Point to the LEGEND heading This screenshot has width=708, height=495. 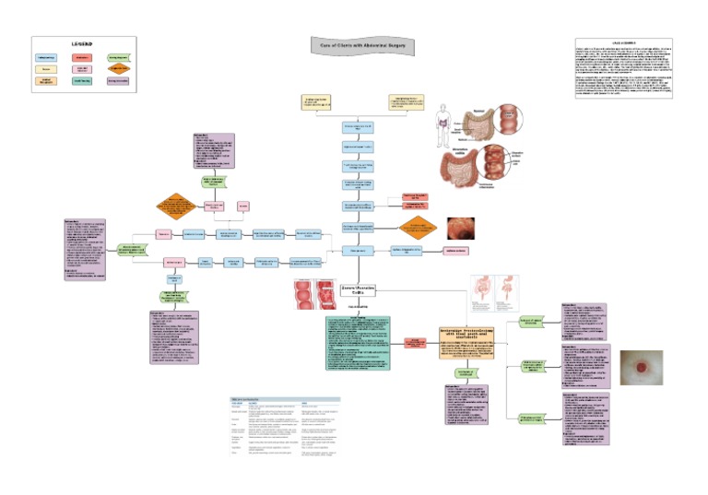pos(83,42)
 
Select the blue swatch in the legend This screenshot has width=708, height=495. pos(47,57)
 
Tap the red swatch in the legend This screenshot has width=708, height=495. pos(83,57)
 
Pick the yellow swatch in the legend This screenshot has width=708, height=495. pos(47,69)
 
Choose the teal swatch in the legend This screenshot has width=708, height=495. pos(83,82)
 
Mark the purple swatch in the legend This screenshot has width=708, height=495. pos(118,82)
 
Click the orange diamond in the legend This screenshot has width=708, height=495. pos(118,69)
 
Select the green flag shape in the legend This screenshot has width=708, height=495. pos(118,57)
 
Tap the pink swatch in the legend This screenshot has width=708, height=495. pos(83,69)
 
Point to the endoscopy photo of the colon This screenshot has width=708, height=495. pos(460,228)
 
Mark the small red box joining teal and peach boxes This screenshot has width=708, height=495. pos(416,343)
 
